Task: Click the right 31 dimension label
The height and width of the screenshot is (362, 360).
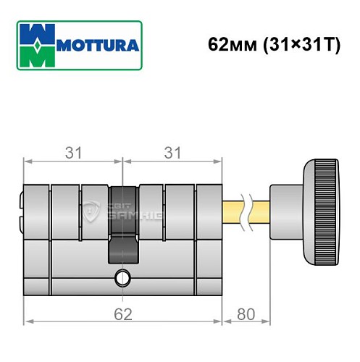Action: click(x=172, y=153)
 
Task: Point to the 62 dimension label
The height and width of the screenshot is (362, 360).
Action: click(x=123, y=316)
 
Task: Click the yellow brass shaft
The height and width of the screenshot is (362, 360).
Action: click(x=233, y=211)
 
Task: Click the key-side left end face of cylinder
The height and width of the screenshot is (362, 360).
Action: click(x=22, y=211)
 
